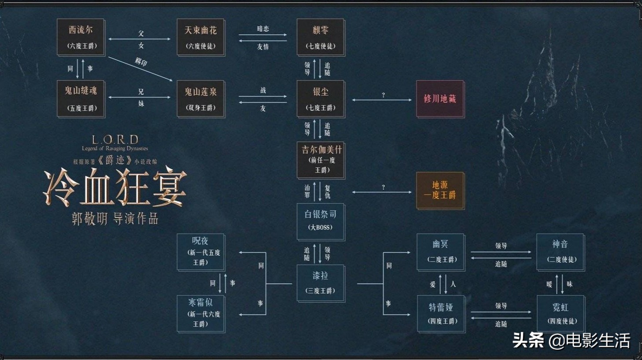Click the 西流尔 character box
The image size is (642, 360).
[81, 37]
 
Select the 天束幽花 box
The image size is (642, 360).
[201, 37]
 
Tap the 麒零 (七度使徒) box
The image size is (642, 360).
[321, 37]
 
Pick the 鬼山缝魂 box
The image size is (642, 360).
[81, 99]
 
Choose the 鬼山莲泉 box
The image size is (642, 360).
[201, 99]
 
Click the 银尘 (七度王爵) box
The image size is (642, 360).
[321, 99]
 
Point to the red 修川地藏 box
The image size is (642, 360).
[440, 99]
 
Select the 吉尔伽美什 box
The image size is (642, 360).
[321, 160]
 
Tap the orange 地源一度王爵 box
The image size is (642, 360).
[440, 190]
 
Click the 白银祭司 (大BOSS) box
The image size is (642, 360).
[321, 221]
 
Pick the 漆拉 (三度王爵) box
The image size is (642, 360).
[321, 283]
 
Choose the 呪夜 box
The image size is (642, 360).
[201, 252]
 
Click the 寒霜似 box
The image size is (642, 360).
[201, 313]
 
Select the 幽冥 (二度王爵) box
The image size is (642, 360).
[441, 252]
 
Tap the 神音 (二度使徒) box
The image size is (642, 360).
[560, 252]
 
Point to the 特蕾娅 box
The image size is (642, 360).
[441, 313]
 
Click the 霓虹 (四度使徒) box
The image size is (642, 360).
[561, 313]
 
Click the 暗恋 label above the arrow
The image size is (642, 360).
[263, 29]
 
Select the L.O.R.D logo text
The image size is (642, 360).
[115, 140]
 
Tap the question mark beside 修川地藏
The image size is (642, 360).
[383, 95]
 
